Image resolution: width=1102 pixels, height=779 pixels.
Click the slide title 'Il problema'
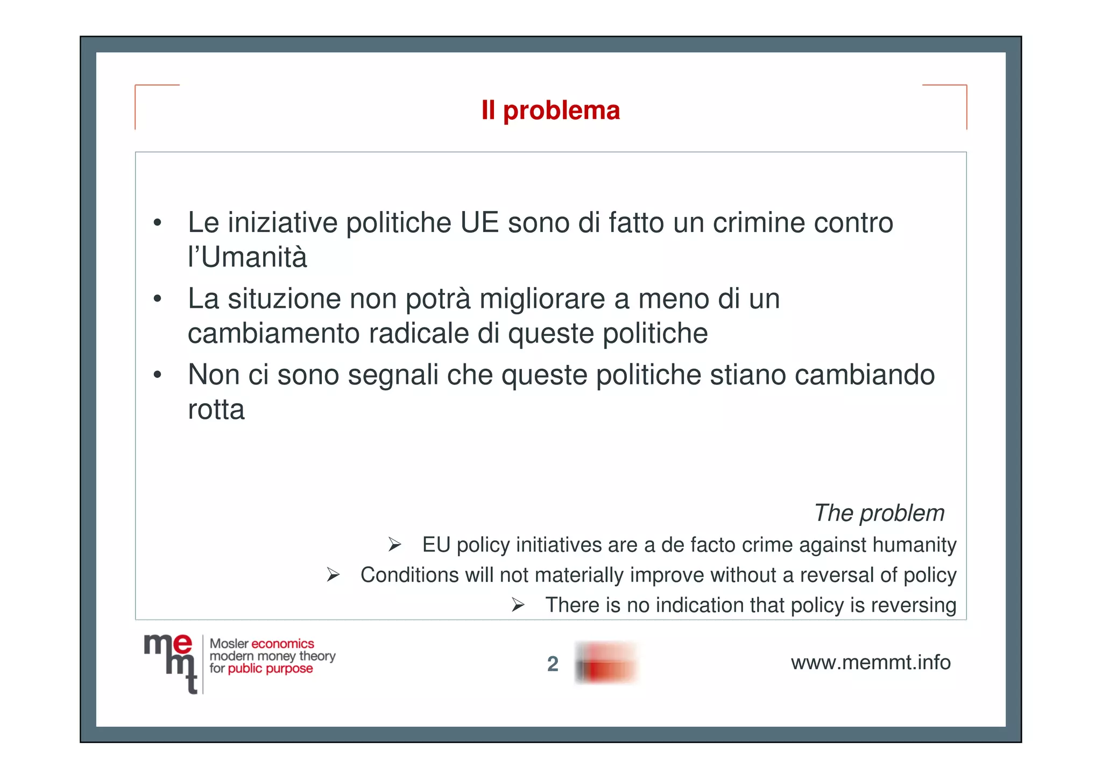(550, 111)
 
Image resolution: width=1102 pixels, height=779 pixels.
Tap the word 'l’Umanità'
(247, 257)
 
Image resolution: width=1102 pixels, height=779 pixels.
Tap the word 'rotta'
(216, 410)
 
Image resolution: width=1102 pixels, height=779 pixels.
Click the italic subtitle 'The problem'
(879, 513)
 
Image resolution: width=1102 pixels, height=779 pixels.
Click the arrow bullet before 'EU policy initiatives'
(395, 545)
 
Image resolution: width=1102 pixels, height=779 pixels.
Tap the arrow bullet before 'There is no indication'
(518, 605)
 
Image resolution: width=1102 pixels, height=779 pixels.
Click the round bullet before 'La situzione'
(157, 299)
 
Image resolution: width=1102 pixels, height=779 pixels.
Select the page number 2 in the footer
(553, 664)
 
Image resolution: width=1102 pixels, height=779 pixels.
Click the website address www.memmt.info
(870, 663)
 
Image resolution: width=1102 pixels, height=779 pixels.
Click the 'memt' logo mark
(170, 663)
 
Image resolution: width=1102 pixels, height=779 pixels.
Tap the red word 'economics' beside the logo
(282, 644)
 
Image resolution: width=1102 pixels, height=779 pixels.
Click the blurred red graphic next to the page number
(606, 663)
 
